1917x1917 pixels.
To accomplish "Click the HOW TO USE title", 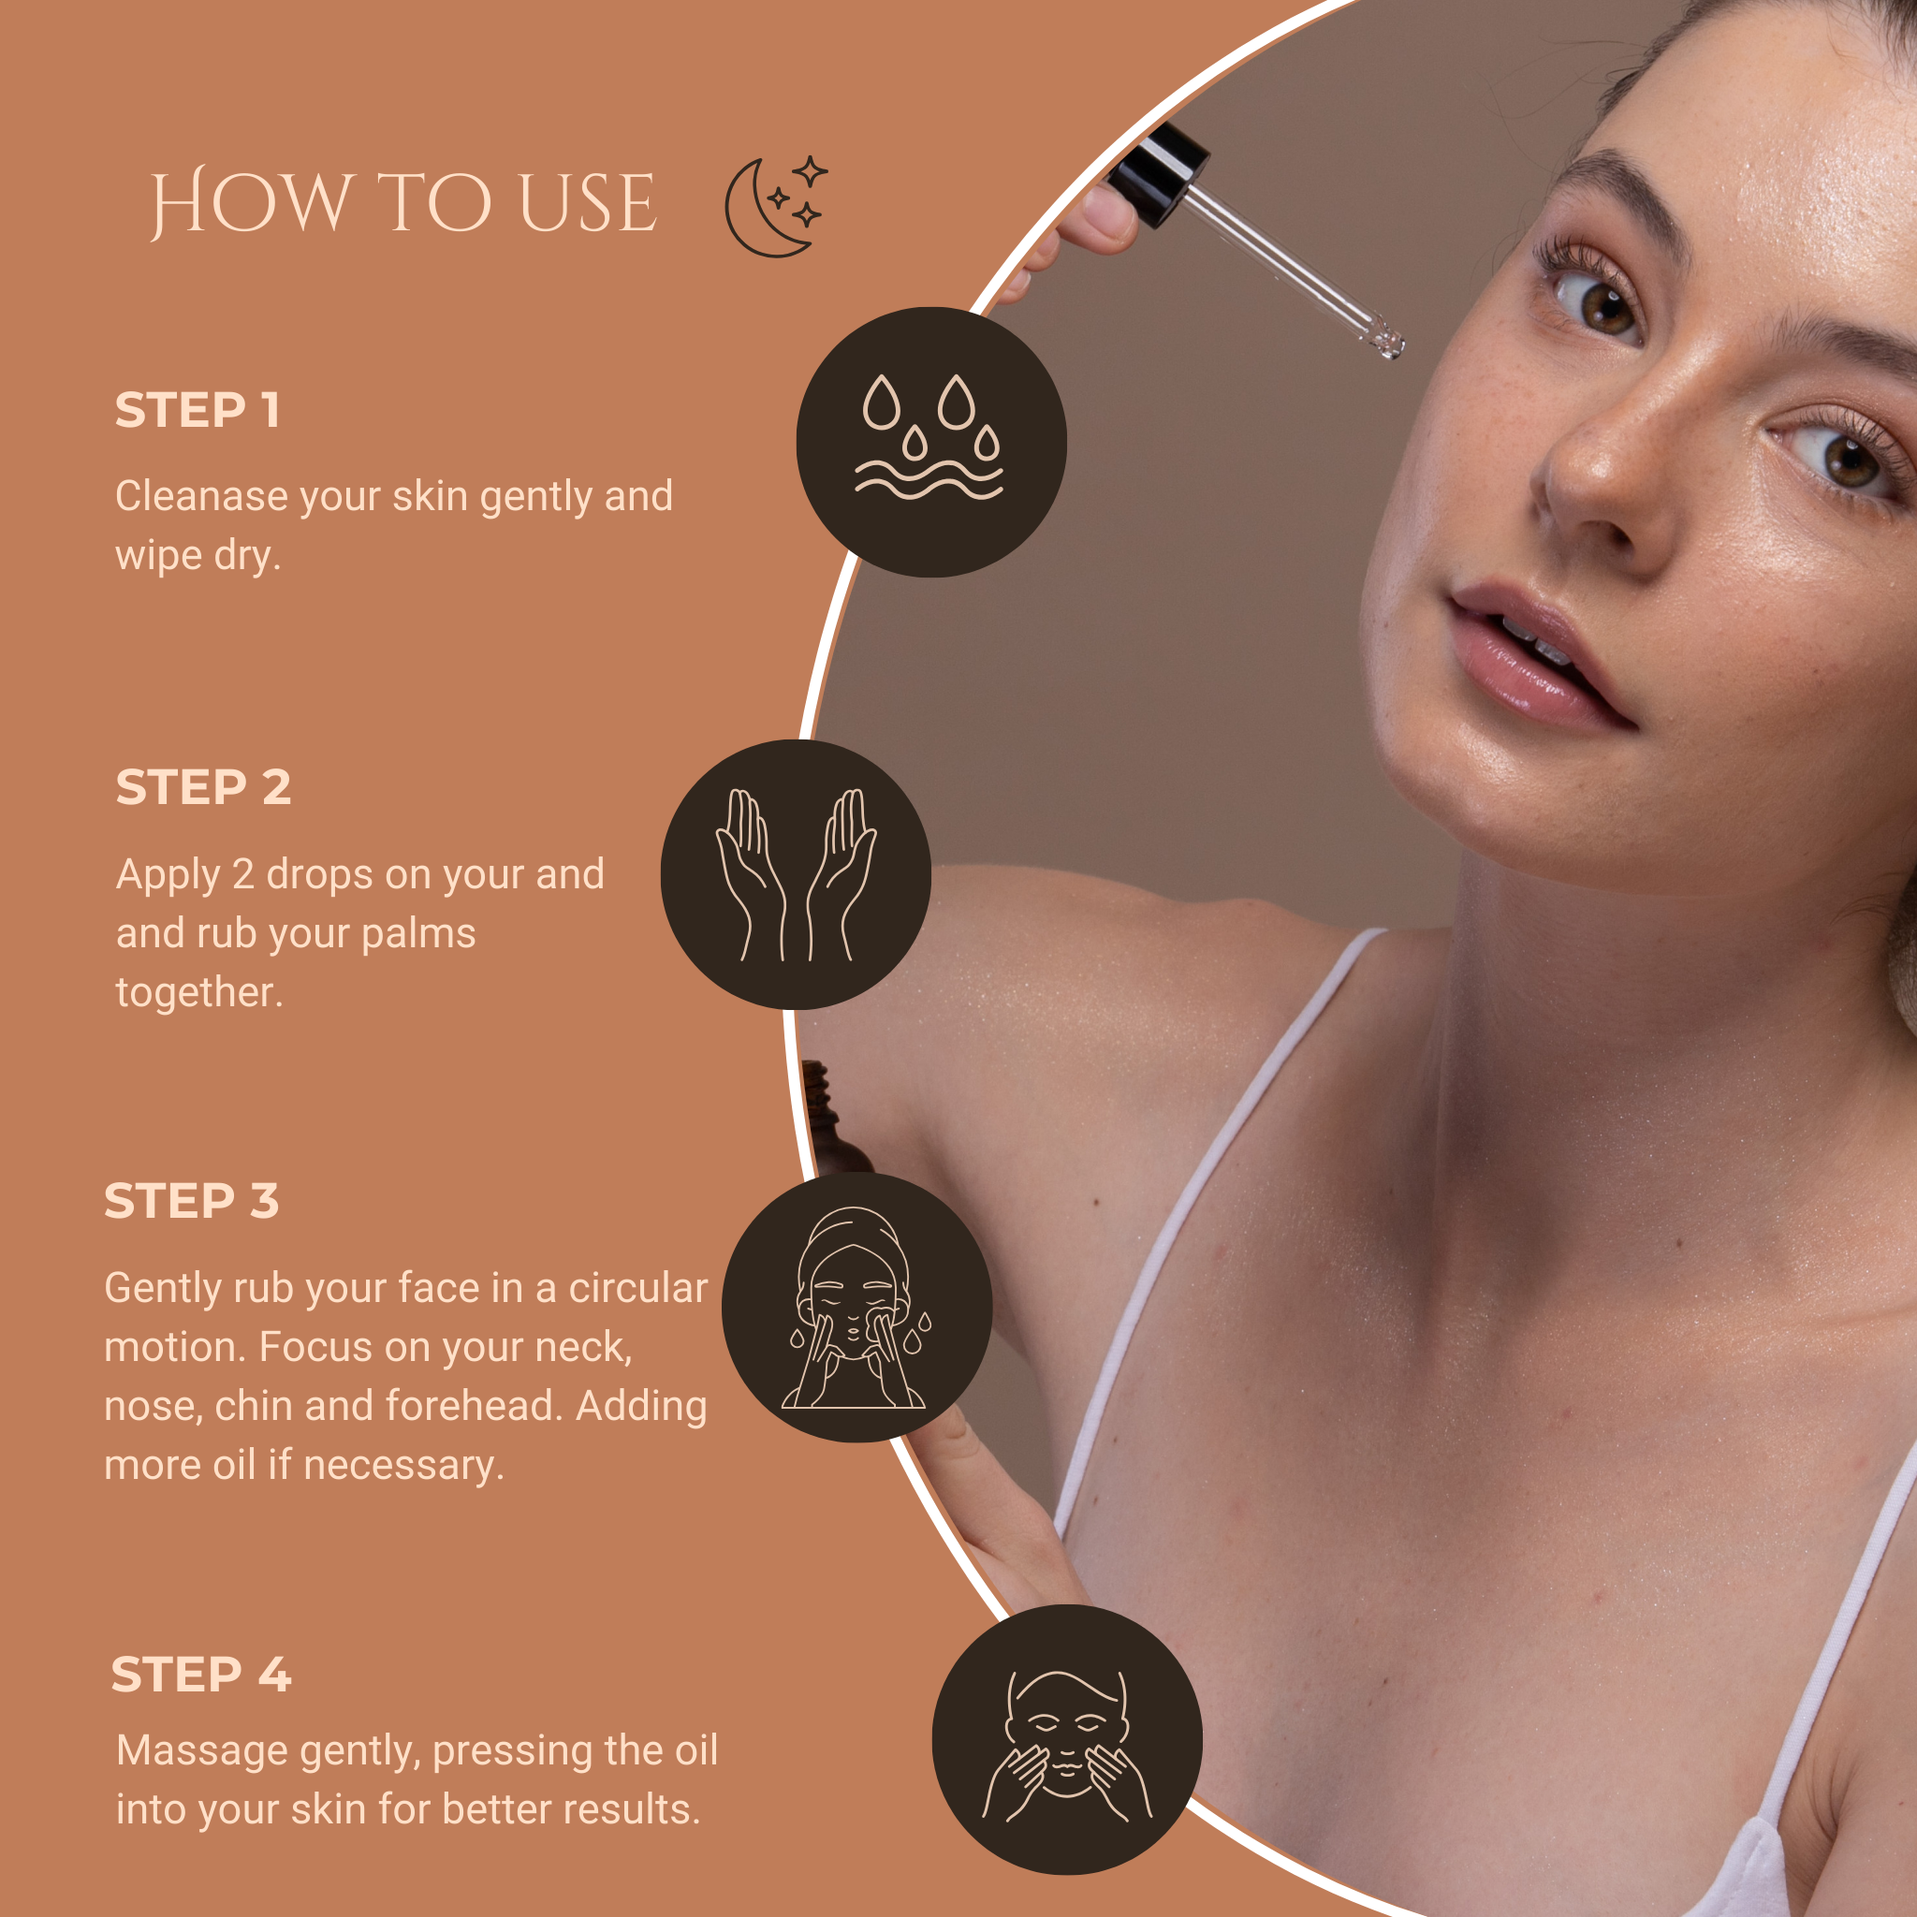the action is (402, 203).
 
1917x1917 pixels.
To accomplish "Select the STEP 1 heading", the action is (198, 410).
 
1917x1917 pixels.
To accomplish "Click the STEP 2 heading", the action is (203, 787).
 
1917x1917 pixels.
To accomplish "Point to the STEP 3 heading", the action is (192, 1201).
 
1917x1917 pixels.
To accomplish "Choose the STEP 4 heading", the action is (201, 1675).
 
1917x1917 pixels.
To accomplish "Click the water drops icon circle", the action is (931, 443).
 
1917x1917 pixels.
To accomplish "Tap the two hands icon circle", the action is (796, 874).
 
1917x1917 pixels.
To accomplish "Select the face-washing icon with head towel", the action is (857, 1308).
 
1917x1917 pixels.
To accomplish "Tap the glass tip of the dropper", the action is (1387, 342).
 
